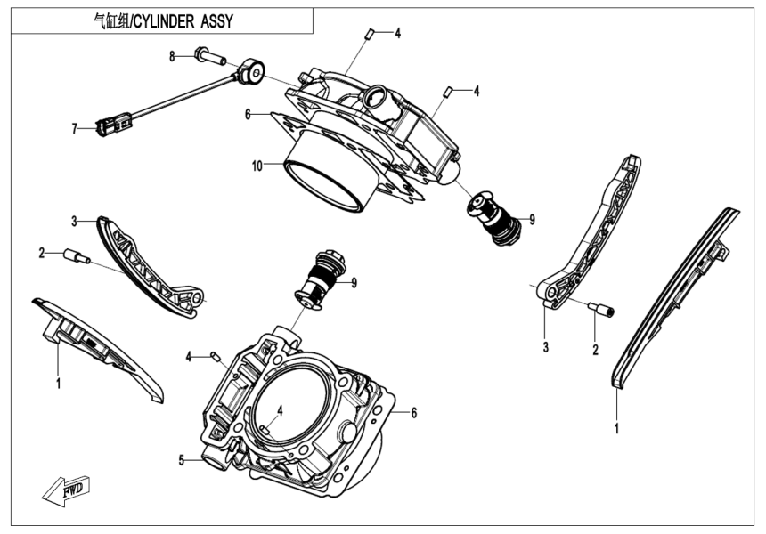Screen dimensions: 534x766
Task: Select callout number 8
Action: [x=173, y=56]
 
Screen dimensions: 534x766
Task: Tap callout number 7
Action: [x=76, y=128]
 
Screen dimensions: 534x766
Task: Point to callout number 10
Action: [x=257, y=166]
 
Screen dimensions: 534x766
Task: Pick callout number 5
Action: [x=182, y=460]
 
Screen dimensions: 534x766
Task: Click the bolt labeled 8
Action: [x=208, y=59]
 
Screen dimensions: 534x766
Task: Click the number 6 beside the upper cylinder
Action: [x=249, y=114]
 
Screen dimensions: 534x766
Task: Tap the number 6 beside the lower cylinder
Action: [x=414, y=412]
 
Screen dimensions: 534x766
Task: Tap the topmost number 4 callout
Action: [x=398, y=33]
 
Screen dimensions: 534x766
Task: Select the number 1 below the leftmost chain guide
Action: [x=58, y=384]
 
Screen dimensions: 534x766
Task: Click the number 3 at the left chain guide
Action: [x=76, y=220]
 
